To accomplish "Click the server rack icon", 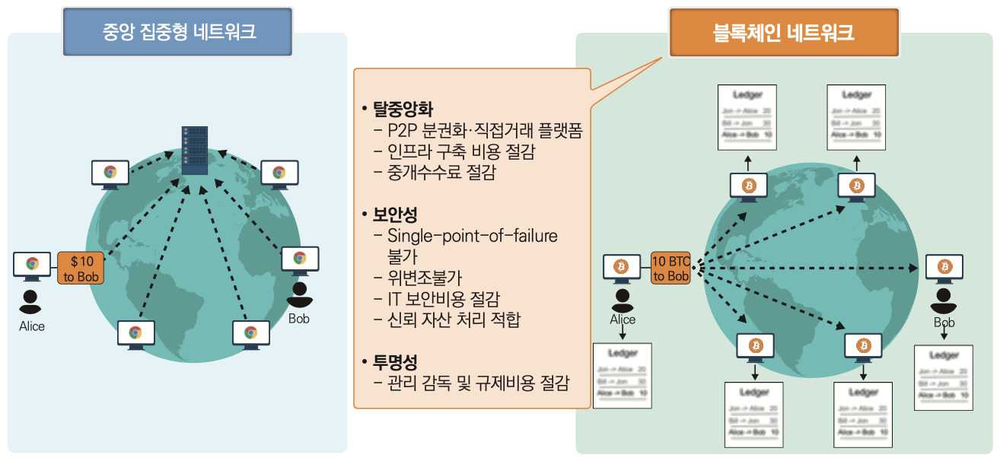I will point(194,150).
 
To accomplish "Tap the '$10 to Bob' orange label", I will point(80,269).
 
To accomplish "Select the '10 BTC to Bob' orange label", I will point(671,268).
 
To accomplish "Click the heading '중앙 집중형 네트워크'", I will point(179,32).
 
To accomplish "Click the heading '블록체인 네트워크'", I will point(783,33).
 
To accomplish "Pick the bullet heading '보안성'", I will point(395,215).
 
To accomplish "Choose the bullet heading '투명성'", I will point(395,362).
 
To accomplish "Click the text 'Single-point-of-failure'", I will point(472,236).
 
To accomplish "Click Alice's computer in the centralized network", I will point(32,265).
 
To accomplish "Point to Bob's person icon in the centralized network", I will point(299,293).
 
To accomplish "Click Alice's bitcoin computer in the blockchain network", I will point(622,268).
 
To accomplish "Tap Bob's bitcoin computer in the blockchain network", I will point(944,269).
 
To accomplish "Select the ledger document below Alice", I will point(623,375).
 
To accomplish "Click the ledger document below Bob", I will point(944,377).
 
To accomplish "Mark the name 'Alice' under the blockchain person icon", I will point(623,320).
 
